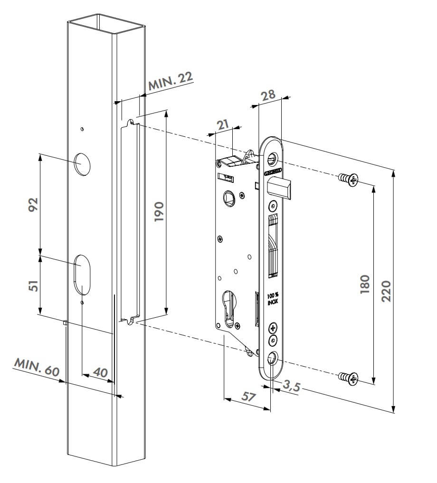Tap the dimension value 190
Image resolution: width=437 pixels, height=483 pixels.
[x=159, y=212]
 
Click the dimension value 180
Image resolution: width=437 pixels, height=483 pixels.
[x=365, y=284]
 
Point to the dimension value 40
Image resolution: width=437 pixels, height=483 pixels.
[x=100, y=372]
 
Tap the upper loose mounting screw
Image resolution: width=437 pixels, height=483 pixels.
[x=349, y=180]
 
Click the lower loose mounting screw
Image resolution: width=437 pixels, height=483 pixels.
[x=349, y=378]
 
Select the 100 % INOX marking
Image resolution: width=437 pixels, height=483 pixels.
[x=273, y=298]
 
